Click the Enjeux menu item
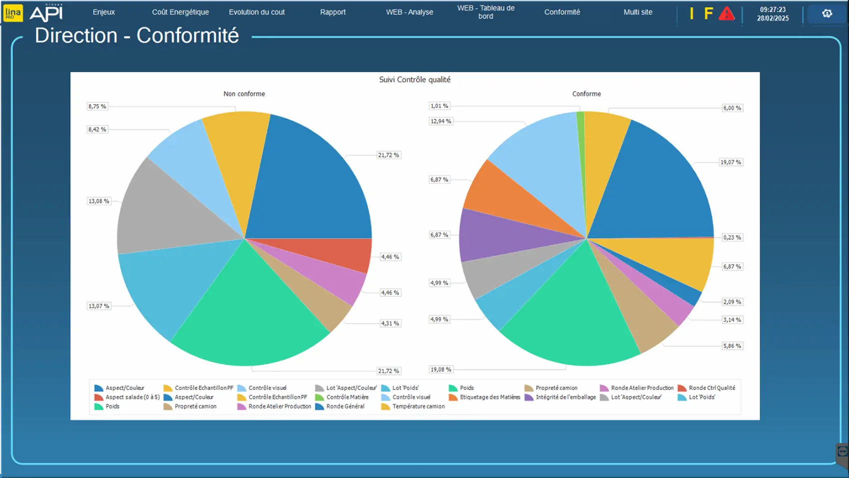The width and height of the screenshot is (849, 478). click(104, 12)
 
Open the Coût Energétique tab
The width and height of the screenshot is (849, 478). click(180, 12)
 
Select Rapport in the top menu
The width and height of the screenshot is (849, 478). click(333, 12)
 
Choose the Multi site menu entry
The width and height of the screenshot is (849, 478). click(638, 12)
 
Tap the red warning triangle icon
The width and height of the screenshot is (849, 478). click(727, 13)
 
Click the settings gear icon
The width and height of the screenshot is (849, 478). click(827, 13)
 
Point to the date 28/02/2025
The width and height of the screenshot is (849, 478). click(773, 18)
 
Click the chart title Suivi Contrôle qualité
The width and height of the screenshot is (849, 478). click(415, 79)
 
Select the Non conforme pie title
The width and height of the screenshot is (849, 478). click(244, 94)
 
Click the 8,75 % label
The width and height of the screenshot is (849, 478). click(97, 106)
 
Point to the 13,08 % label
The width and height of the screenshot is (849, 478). click(98, 201)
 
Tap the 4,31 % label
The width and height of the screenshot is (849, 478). click(390, 323)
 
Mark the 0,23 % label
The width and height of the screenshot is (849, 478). click(732, 237)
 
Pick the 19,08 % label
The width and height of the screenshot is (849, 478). click(440, 369)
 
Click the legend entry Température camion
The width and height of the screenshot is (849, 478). click(418, 406)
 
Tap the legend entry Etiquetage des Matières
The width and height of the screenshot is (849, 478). click(489, 397)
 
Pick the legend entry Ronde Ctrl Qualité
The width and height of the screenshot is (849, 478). click(712, 388)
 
